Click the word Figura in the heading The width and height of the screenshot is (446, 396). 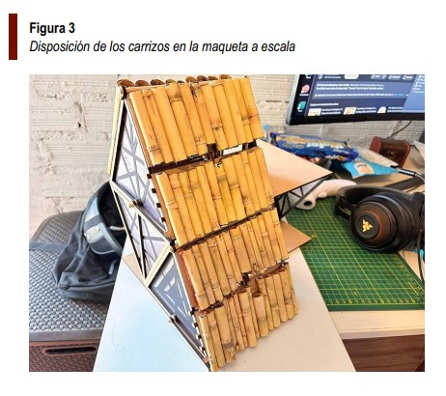(48, 28)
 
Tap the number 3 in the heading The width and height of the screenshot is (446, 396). (71, 28)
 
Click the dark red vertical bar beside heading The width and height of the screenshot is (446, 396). (13, 37)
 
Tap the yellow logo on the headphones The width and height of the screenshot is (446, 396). (367, 225)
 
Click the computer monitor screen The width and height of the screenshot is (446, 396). (359, 95)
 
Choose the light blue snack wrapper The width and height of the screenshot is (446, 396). (367, 166)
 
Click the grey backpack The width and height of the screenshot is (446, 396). (89, 244)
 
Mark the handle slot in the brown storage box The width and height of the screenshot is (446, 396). (70, 350)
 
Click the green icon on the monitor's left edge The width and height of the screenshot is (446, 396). (301, 105)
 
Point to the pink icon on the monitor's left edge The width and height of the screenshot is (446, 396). (305, 89)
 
